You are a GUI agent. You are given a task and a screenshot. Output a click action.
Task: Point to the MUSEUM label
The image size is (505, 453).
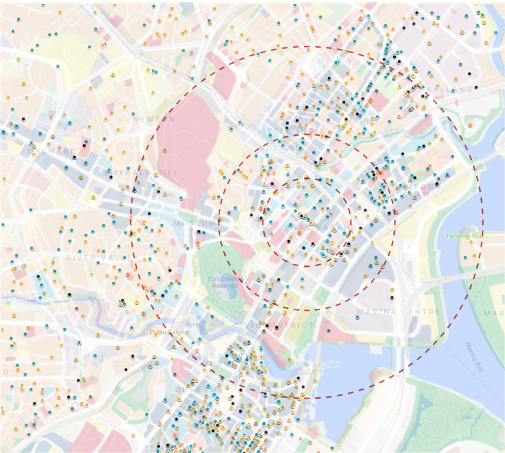tap(196, 223)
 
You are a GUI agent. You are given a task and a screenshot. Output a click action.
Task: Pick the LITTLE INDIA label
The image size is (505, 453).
tap(281, 131)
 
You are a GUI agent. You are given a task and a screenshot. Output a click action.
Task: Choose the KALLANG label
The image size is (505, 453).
tap(452, 90)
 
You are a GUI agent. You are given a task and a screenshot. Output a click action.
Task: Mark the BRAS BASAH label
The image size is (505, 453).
tap(307, 226)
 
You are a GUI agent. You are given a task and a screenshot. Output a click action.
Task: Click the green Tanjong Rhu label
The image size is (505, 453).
tap(464, 236)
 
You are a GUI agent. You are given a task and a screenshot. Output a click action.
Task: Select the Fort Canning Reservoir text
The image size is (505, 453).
tap(226, 282)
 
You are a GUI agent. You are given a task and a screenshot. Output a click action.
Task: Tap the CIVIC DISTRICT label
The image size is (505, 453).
tap(273, 326)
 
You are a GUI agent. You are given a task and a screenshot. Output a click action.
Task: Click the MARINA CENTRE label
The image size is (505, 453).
tap(398, 312)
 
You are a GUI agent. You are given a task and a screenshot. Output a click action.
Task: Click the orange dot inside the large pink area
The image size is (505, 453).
tap(165, 150)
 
